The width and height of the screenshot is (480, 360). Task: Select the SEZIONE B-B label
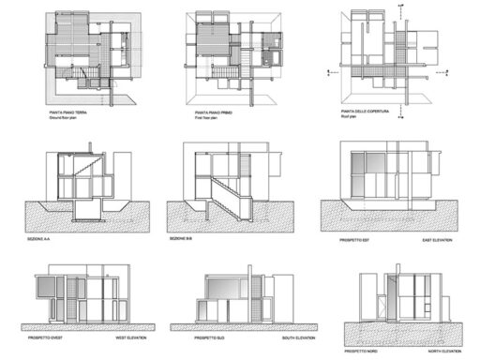pyautogui.click(x=181, y=239)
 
